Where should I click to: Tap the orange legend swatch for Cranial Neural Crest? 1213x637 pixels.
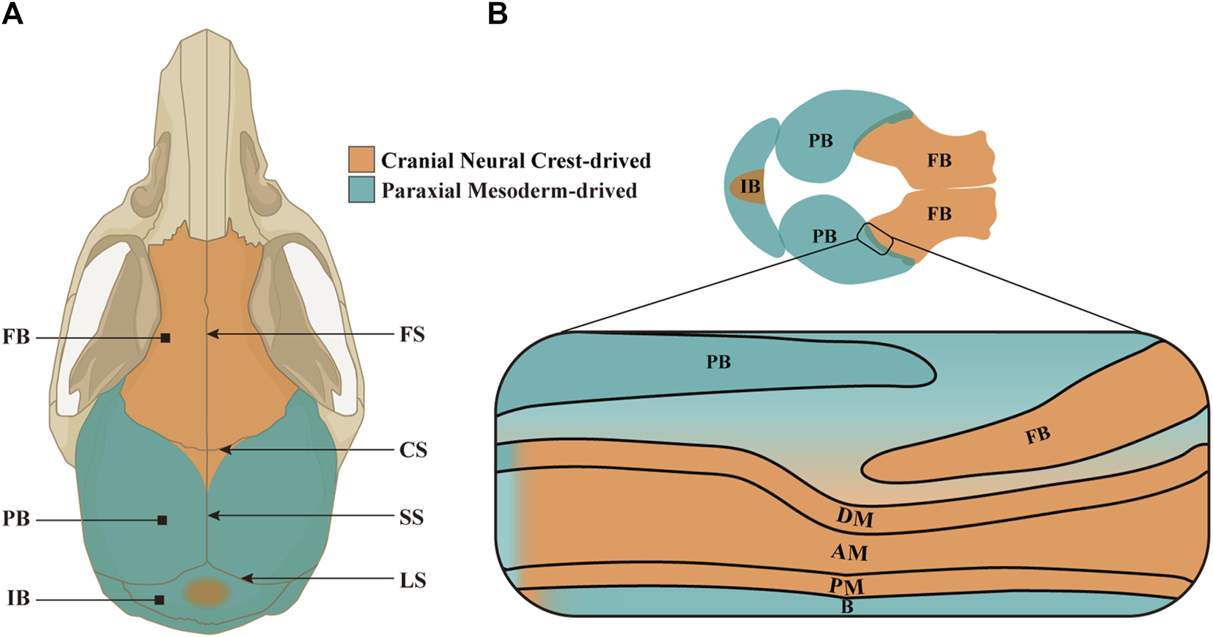point(361,160)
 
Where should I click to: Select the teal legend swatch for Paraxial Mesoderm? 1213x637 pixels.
point(361,190)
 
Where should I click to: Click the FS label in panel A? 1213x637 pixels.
point(412,335)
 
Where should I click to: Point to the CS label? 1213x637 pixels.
point(413,450)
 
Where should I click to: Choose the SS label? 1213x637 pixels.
point(412,518)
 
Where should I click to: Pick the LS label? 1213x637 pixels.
point(413,581)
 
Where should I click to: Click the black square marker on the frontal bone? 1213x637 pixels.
point(166,338)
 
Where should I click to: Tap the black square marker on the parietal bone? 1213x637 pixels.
point(163,520)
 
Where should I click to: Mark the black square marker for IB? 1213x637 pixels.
point(159,600)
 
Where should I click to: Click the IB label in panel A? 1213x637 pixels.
point(18,599)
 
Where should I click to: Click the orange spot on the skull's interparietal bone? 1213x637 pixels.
point(207,592)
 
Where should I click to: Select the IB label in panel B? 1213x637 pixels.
point(750,187)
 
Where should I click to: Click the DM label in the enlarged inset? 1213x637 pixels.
point(855,518)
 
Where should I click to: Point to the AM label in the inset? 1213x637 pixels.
point(849,552)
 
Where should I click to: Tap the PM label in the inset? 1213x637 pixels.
point(847,586)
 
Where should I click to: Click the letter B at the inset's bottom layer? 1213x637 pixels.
point(847,607)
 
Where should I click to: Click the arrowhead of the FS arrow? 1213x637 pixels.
point(211,334)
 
